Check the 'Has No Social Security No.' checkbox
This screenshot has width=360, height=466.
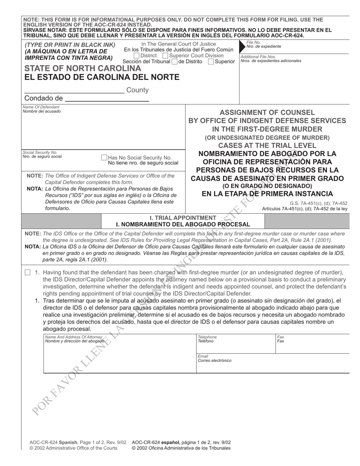coord(104,157)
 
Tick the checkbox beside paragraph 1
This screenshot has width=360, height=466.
coord(28,272)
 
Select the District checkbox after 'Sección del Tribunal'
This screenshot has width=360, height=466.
coord(174,61)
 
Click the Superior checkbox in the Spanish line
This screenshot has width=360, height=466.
coord(211,61)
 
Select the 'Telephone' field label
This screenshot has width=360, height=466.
coord(207,337)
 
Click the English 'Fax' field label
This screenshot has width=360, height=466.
coord(281,337)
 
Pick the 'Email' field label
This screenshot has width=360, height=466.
coord(203,356)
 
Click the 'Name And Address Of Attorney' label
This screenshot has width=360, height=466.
coord(74,337)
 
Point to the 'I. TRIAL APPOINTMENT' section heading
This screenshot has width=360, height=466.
coord(183,218)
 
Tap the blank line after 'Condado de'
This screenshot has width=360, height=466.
coord(107,99)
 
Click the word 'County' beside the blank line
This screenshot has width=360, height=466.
coord(137,90)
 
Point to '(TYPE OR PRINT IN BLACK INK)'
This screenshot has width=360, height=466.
coord(70,45)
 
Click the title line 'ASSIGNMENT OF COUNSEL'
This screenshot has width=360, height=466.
coord(267,113)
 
